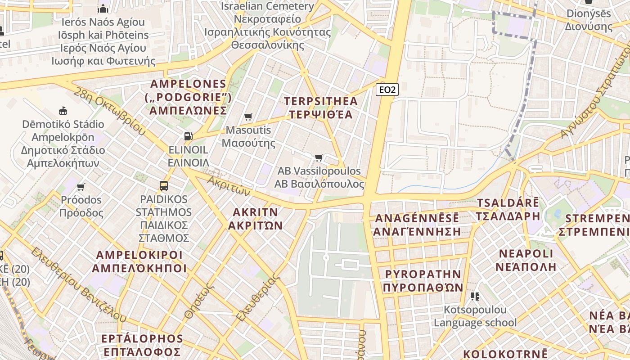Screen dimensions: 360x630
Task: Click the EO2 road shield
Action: (387, 90)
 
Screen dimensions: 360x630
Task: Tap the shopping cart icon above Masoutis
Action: (248, 117)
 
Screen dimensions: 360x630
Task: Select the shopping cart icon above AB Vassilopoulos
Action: (319, 157)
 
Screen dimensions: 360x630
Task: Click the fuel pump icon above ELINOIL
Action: (188, 136)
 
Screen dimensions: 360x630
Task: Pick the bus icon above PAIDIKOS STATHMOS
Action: (164, 185)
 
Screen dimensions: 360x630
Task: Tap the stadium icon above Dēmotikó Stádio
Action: (63, 111)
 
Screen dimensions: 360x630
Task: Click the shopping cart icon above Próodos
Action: (81, 187)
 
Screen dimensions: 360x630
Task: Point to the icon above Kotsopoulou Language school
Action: (475, 296)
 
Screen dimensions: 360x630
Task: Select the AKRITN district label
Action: (255, 219)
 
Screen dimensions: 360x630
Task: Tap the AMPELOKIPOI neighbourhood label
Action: (139, 261)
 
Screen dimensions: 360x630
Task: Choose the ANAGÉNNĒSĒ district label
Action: (417, 225)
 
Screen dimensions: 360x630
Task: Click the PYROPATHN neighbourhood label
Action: (423, 281)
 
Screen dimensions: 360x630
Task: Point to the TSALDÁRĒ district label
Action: (508, 209)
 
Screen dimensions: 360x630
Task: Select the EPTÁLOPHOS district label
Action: (142, 345)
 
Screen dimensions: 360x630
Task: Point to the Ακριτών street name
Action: (229, 184)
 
